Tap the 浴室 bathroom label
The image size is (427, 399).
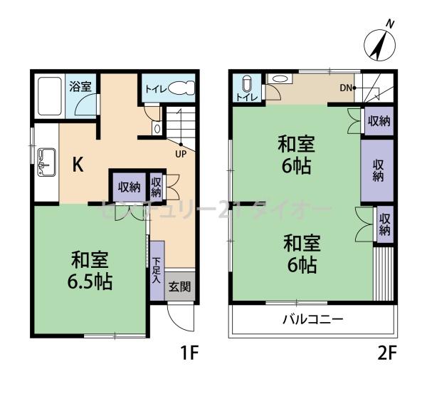pos(80,87)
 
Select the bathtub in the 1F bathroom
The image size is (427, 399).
pos(48,98)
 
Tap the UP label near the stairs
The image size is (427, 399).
pos(181,152)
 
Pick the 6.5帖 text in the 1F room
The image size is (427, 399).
pos(90,280)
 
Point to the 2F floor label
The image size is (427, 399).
pos(386,352)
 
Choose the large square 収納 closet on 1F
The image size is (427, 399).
pos(128,187)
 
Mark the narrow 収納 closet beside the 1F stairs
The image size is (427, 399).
pos(157,187)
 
